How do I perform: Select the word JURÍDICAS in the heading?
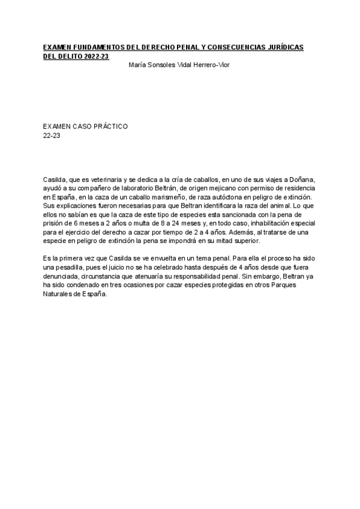tap(281, 47)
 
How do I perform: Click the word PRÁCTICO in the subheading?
tap(108, 127)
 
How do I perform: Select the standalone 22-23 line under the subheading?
tap(52, 136)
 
